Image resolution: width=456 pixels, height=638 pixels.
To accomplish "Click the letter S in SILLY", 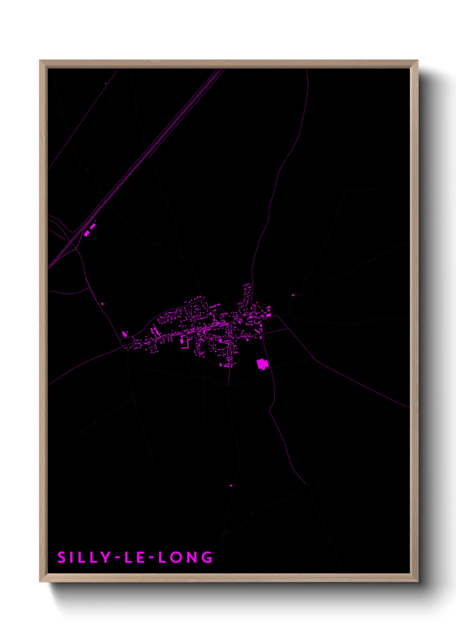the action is click(62, 557).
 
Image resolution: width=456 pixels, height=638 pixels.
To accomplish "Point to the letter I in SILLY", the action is click(72, 557).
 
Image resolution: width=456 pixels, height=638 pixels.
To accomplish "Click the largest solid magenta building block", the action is click(262, 364).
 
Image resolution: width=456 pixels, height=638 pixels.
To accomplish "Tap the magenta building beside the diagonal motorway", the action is click(87, 233).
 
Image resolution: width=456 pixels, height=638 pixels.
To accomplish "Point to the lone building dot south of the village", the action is click(231, 485).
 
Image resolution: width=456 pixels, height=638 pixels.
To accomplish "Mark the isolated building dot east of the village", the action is click(293, 295).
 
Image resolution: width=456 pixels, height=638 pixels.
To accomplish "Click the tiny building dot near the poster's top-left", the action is click(106, 84).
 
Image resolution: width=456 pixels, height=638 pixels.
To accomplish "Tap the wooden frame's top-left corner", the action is click(41, 61).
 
